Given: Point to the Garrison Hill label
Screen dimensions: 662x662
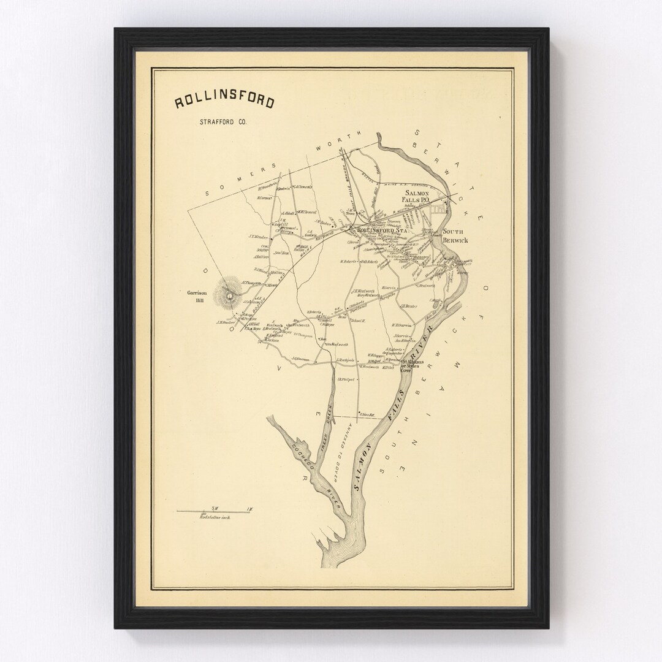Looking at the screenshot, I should click(x=198, y=296).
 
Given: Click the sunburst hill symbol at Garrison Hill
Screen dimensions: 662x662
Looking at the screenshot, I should click(x=229, y=295).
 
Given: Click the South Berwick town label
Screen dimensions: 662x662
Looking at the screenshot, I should click(x=455, y=237).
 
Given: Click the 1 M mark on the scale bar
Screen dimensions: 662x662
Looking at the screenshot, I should click(x=249, y=508).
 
